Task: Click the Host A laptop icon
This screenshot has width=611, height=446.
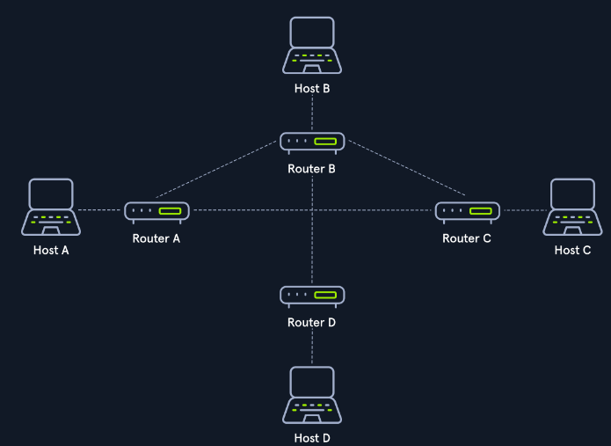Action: [51, 207]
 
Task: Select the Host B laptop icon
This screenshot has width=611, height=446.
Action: [312, 45]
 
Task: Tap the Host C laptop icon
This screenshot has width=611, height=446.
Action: [572, 207]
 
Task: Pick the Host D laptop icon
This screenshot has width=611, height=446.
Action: [312, 395]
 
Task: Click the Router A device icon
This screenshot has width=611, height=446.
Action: [156, 213]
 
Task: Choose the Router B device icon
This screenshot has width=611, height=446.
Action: [312, 143]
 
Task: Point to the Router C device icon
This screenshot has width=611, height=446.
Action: [468, 213]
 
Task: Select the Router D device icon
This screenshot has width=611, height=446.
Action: [312, 297]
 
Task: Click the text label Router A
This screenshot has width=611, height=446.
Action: [156, 238]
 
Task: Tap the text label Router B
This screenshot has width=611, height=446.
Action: [312, 169]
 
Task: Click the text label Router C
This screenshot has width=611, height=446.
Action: [467, 238]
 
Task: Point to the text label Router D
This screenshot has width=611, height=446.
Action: [312, 323]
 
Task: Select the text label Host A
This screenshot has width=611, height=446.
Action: [51, 251]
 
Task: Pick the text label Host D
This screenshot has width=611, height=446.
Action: [312, 438]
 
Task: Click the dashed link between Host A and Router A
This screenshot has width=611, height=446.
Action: [99, 210]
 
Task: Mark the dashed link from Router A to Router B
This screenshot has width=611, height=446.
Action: [216, 169]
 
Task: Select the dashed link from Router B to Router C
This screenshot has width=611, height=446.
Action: [407, 168]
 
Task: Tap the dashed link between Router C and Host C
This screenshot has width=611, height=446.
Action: [526, 210]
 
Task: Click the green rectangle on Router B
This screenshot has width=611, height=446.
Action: [325, 141]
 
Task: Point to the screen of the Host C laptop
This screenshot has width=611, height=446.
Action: [573, 194]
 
